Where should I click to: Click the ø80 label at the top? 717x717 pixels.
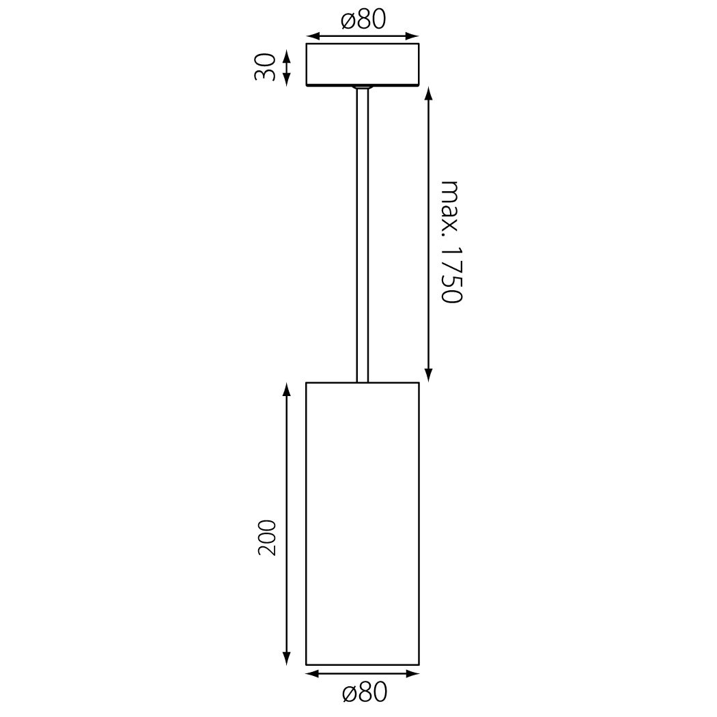(x=363, y=20)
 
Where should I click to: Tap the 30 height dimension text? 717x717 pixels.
(x=266, y=67)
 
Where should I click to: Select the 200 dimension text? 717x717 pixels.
(x=268, y=538)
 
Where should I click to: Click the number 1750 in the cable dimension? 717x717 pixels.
(x=452, y=275)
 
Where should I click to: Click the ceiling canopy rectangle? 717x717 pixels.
(x=363, y=64)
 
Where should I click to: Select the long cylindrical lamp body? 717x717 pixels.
(x=363, y=523)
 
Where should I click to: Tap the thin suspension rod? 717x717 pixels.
(x=362, y=234)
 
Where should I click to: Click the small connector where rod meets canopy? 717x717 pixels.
(x=362, y=87)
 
